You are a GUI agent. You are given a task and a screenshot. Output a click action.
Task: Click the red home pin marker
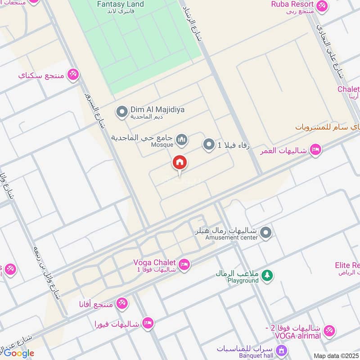click(x=180, y=163)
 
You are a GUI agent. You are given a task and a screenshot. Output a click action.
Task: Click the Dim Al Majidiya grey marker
click(x=121, y=112)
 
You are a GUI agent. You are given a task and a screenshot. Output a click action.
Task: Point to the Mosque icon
click(x=181, y=141)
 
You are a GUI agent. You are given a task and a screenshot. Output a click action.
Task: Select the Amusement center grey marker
click(x=266, y=233)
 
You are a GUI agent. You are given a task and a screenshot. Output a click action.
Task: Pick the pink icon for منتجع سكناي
click(x=73, y=74)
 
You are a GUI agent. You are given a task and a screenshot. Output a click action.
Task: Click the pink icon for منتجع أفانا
click(x=121, y=304)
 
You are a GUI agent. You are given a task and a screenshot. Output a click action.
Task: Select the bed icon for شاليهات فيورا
click(x=148, y=323)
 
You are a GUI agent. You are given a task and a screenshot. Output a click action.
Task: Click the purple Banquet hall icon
click(x=281, y=350)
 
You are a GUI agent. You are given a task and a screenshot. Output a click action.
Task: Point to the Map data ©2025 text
click(x=336, y=356)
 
